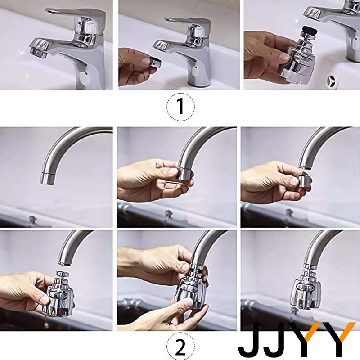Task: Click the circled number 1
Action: [181, 107]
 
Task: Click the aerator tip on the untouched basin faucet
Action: [39, 53]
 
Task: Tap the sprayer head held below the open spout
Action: [60, 295]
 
